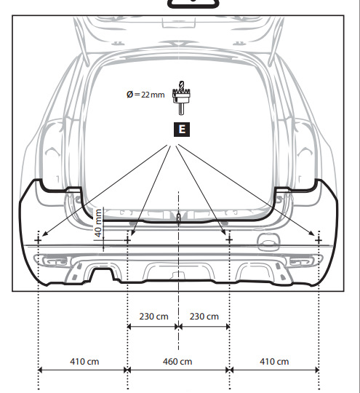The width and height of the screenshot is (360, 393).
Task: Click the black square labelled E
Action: click(x=182, y=130)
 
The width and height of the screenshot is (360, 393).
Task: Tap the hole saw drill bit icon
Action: click(x=181, y=98)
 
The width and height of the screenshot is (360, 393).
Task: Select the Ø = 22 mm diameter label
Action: click(x=145, y=95)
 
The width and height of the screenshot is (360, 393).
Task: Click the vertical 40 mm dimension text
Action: click(x=98, y=223)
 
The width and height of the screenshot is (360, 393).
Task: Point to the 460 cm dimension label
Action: click(x=177, y=362)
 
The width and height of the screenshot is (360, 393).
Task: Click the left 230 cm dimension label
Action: click(x=154, y=317)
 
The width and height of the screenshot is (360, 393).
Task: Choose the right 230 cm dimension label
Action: click(x=204, y=317)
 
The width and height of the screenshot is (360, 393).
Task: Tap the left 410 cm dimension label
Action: click(x=84, y=362)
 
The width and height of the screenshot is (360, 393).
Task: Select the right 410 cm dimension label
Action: click(x=274, y=362)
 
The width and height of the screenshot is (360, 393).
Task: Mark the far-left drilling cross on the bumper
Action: click(x=38, y=240)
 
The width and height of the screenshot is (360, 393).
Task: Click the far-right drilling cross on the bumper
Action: click(x=319, y=240)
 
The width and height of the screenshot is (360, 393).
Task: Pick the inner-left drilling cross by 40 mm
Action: click(x=127, y=240)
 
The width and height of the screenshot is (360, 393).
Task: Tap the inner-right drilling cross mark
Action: click(x=229, y=240)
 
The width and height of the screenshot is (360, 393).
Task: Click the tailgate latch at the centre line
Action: click(x=178, y=217)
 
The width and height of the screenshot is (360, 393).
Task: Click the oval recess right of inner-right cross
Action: click(x=268, y=242)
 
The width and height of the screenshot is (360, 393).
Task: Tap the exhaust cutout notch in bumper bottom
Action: click(x=103, y=274)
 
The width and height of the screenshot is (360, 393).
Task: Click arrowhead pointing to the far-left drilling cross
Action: click(x=44, y=234)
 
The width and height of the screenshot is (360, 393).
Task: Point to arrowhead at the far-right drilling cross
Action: click(x=312, y=234)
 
